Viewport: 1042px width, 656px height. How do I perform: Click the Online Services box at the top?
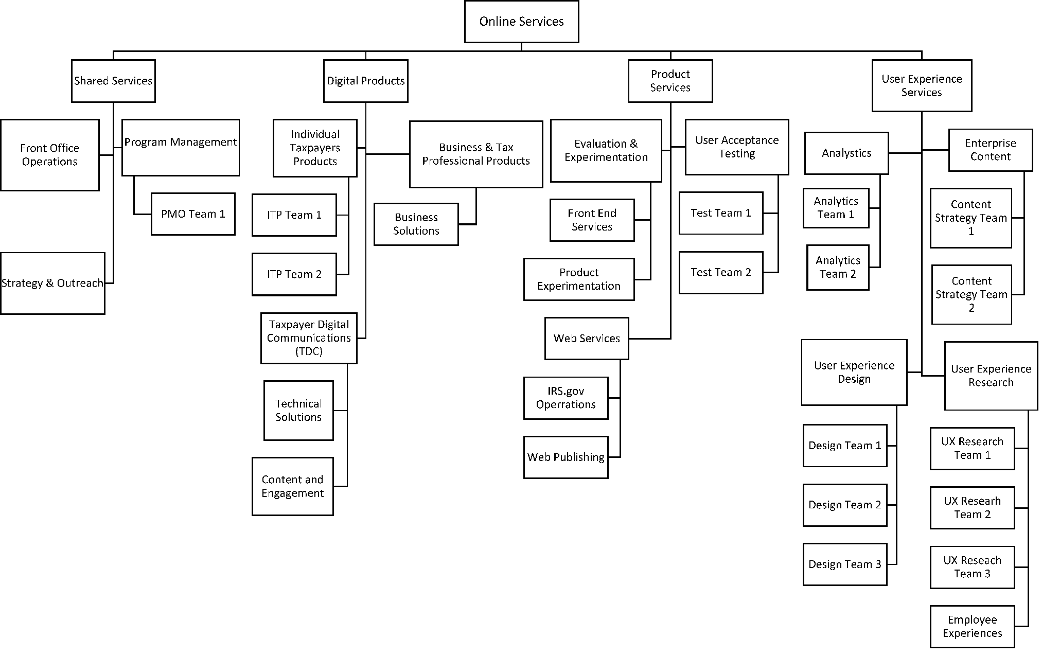521,22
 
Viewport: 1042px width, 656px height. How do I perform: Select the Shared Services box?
113,81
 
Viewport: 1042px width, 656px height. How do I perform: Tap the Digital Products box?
365,81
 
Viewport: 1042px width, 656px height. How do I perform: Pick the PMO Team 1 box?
193,214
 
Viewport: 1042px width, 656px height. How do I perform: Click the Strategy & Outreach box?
52,283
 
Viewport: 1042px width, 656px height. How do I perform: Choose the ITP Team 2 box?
294,274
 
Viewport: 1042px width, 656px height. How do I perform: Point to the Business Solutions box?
416,224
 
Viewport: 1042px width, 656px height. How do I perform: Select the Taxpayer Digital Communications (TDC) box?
308,338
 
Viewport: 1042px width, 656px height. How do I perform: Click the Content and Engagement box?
292,486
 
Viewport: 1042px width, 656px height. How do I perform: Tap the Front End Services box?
592,220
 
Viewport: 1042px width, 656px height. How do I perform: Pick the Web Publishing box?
566,457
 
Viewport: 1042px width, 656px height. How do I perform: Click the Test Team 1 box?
720,213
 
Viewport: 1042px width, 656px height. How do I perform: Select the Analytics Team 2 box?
838,268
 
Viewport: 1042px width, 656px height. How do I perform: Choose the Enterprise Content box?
990,150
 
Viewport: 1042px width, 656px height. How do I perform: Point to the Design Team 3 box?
844,564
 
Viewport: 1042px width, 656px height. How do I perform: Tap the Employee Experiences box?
972,627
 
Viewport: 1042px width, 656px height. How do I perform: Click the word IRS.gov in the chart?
566,391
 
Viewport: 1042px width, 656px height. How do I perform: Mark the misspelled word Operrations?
566,405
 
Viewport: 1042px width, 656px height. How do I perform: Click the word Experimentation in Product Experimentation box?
579,286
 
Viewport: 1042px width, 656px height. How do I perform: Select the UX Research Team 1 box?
972,448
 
